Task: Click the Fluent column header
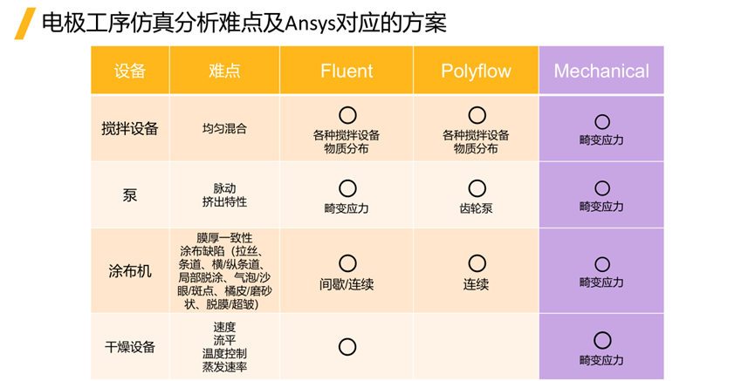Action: coord(347,71)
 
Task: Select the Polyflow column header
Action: coord(476,71)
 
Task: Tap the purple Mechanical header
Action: coord(601,71)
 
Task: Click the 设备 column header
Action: coord(130,71)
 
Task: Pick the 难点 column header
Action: coord(224,71)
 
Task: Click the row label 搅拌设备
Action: coord(130,128)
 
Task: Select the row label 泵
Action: coord(130,194)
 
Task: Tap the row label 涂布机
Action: coord(130,270)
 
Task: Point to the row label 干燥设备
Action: coord(130,346)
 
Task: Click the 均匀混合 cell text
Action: coord(224,128)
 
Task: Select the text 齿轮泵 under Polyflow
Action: coord(476,208)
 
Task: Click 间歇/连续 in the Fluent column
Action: coord(347,284)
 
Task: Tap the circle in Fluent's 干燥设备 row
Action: coord(347,346)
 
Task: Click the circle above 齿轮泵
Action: coord(477,187)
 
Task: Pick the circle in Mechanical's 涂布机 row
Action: coord(601,264)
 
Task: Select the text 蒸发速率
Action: coord(224,367)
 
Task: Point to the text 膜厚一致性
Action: coord(224,237)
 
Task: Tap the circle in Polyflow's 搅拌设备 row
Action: coord(477,115)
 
